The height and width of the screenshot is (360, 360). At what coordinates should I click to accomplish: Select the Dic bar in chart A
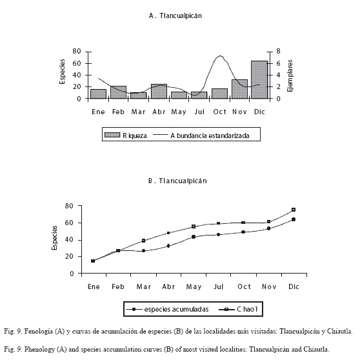tap(259, 79)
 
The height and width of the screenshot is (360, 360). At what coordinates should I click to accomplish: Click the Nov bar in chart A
tap(239, 89)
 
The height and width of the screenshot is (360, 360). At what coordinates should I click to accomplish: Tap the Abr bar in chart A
tap(159, 92)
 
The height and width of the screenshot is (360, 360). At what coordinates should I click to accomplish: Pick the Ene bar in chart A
tap(98, 94)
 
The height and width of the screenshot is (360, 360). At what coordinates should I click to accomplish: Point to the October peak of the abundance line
tap(221, 55)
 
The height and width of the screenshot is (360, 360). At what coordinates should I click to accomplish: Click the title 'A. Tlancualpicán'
tap(175, 15)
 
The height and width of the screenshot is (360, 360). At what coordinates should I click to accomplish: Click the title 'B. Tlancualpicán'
tap(177, 181)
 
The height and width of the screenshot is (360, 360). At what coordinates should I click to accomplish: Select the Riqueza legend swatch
tap(112, 135)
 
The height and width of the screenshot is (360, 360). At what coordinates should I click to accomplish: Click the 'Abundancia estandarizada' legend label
tap(210, 135)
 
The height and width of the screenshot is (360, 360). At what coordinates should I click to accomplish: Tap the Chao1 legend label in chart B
tap(247, 309)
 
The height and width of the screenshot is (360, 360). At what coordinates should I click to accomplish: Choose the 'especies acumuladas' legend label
tap(176, 309)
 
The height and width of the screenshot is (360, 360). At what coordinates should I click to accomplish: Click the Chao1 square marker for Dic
tap(294, 210)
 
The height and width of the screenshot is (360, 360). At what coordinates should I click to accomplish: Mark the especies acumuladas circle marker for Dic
tap(294, 219)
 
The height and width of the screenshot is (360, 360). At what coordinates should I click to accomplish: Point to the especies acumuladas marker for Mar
tap(143, 251)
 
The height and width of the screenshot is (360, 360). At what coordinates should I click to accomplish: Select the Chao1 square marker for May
tap(194, 226)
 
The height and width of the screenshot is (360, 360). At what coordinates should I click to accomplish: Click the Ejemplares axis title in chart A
tap(290, 75)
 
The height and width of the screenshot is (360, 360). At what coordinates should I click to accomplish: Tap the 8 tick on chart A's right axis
tap(278, 51)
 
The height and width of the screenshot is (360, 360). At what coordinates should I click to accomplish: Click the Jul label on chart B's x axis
tap(218, 286)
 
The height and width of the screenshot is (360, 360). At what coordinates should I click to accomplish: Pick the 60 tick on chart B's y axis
tap(69, 223)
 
